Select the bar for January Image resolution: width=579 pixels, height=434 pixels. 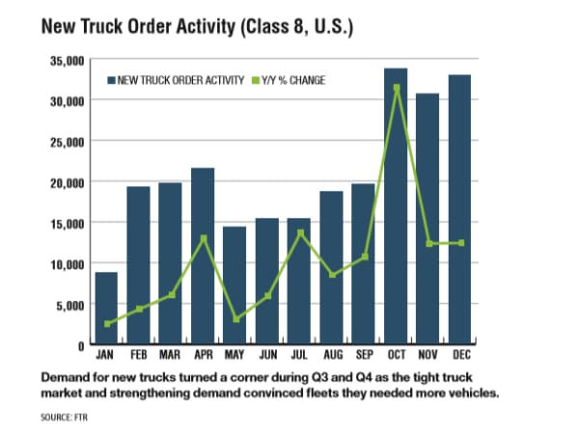point(106,309)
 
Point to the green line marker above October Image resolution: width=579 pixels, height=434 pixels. point(397,88)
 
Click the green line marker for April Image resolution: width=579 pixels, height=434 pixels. point(203,238)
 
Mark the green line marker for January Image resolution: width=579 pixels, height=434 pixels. point(106,324)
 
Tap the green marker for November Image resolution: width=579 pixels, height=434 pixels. point(429,243)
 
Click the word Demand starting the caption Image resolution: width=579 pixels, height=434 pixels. point(67,373)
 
